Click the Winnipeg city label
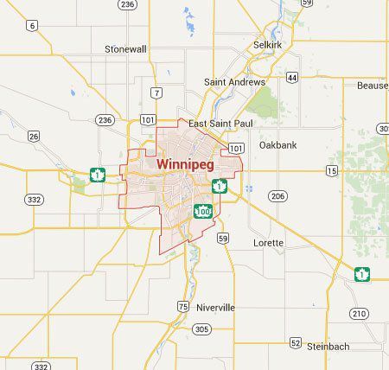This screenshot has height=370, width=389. click(x=187, y=163)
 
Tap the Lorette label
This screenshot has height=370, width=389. click(x=267, y=243)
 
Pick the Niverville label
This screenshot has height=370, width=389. click(x=214, y=307)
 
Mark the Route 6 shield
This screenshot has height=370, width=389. click(x=31, y=26)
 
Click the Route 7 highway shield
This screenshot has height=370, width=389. click(x=155, y=92)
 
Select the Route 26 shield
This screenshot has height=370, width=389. click(x=34, y=136)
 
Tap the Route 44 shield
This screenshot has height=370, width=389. click(x=293, y=78)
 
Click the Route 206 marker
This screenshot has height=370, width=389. click(x=277, y=196)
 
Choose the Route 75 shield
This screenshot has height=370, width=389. click(x=182, y=306)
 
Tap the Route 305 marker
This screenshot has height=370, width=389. click(x=202, y=329)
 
